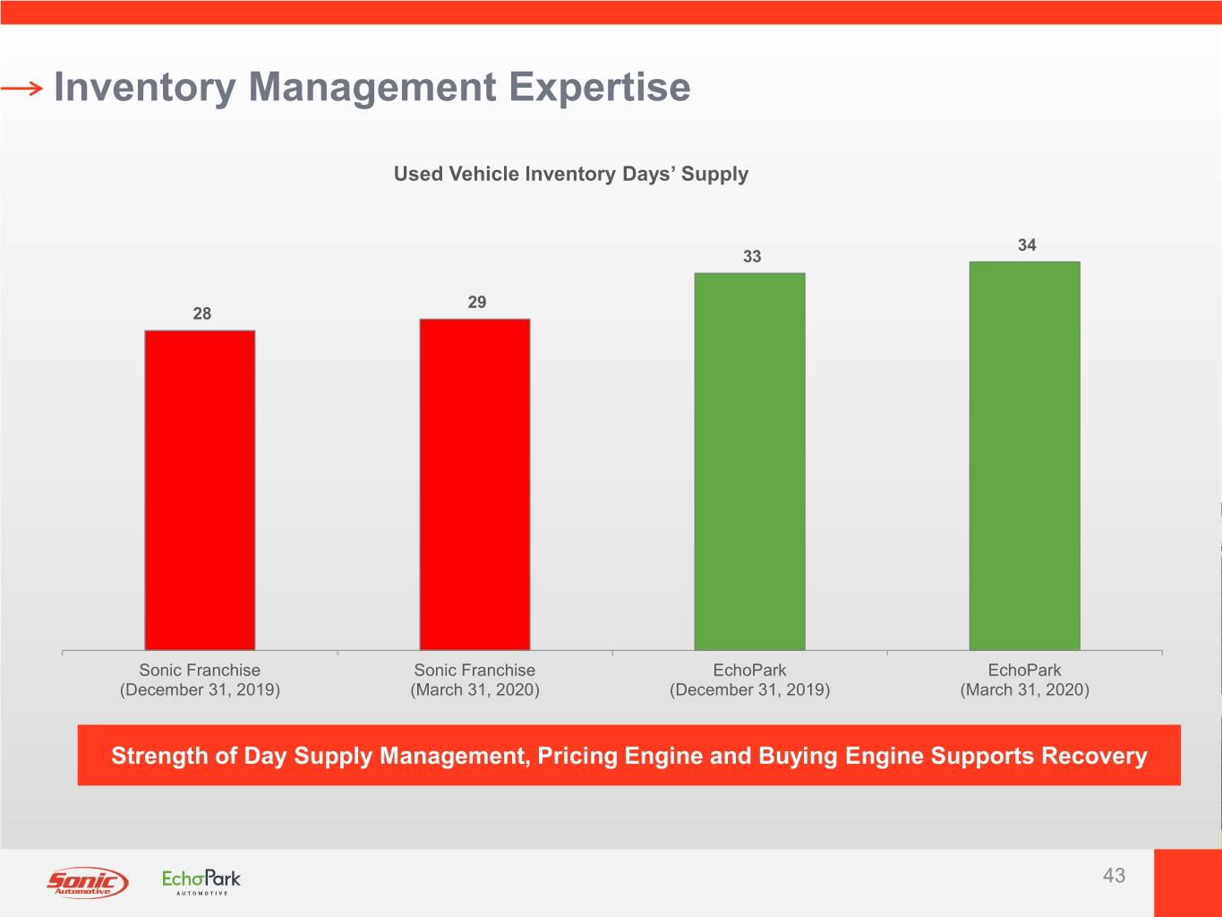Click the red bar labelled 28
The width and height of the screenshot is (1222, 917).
[x=200, y=490]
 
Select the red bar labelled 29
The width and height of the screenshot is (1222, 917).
[x=474, y=484]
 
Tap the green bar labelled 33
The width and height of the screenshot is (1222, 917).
[x=749, y=461]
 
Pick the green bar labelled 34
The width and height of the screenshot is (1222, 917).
[x=1024, y=456]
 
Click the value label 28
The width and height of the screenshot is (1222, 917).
[x=202, y=313]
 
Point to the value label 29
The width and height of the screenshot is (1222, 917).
[x=477, y=303]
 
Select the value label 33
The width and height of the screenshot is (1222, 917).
[x=752, y=257]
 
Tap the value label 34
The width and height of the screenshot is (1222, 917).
[x=1027, y=245]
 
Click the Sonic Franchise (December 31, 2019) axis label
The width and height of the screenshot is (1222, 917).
[x=200, y=680]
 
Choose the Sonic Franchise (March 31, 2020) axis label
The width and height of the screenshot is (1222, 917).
[x=474, y=680]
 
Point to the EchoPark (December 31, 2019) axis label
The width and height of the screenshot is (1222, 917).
[x=749, y=680]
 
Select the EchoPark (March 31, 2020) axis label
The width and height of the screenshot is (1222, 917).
[x=1024, y=680]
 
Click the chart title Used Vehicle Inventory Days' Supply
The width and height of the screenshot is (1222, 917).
[x=570, y=174]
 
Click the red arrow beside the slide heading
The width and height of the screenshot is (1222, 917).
[x=21, y=88]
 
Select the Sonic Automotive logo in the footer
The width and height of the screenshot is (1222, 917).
[x=87, y=882]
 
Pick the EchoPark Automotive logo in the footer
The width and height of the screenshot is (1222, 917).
[x=201, y=881]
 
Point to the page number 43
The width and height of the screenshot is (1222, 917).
[x=1114, y=876]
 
